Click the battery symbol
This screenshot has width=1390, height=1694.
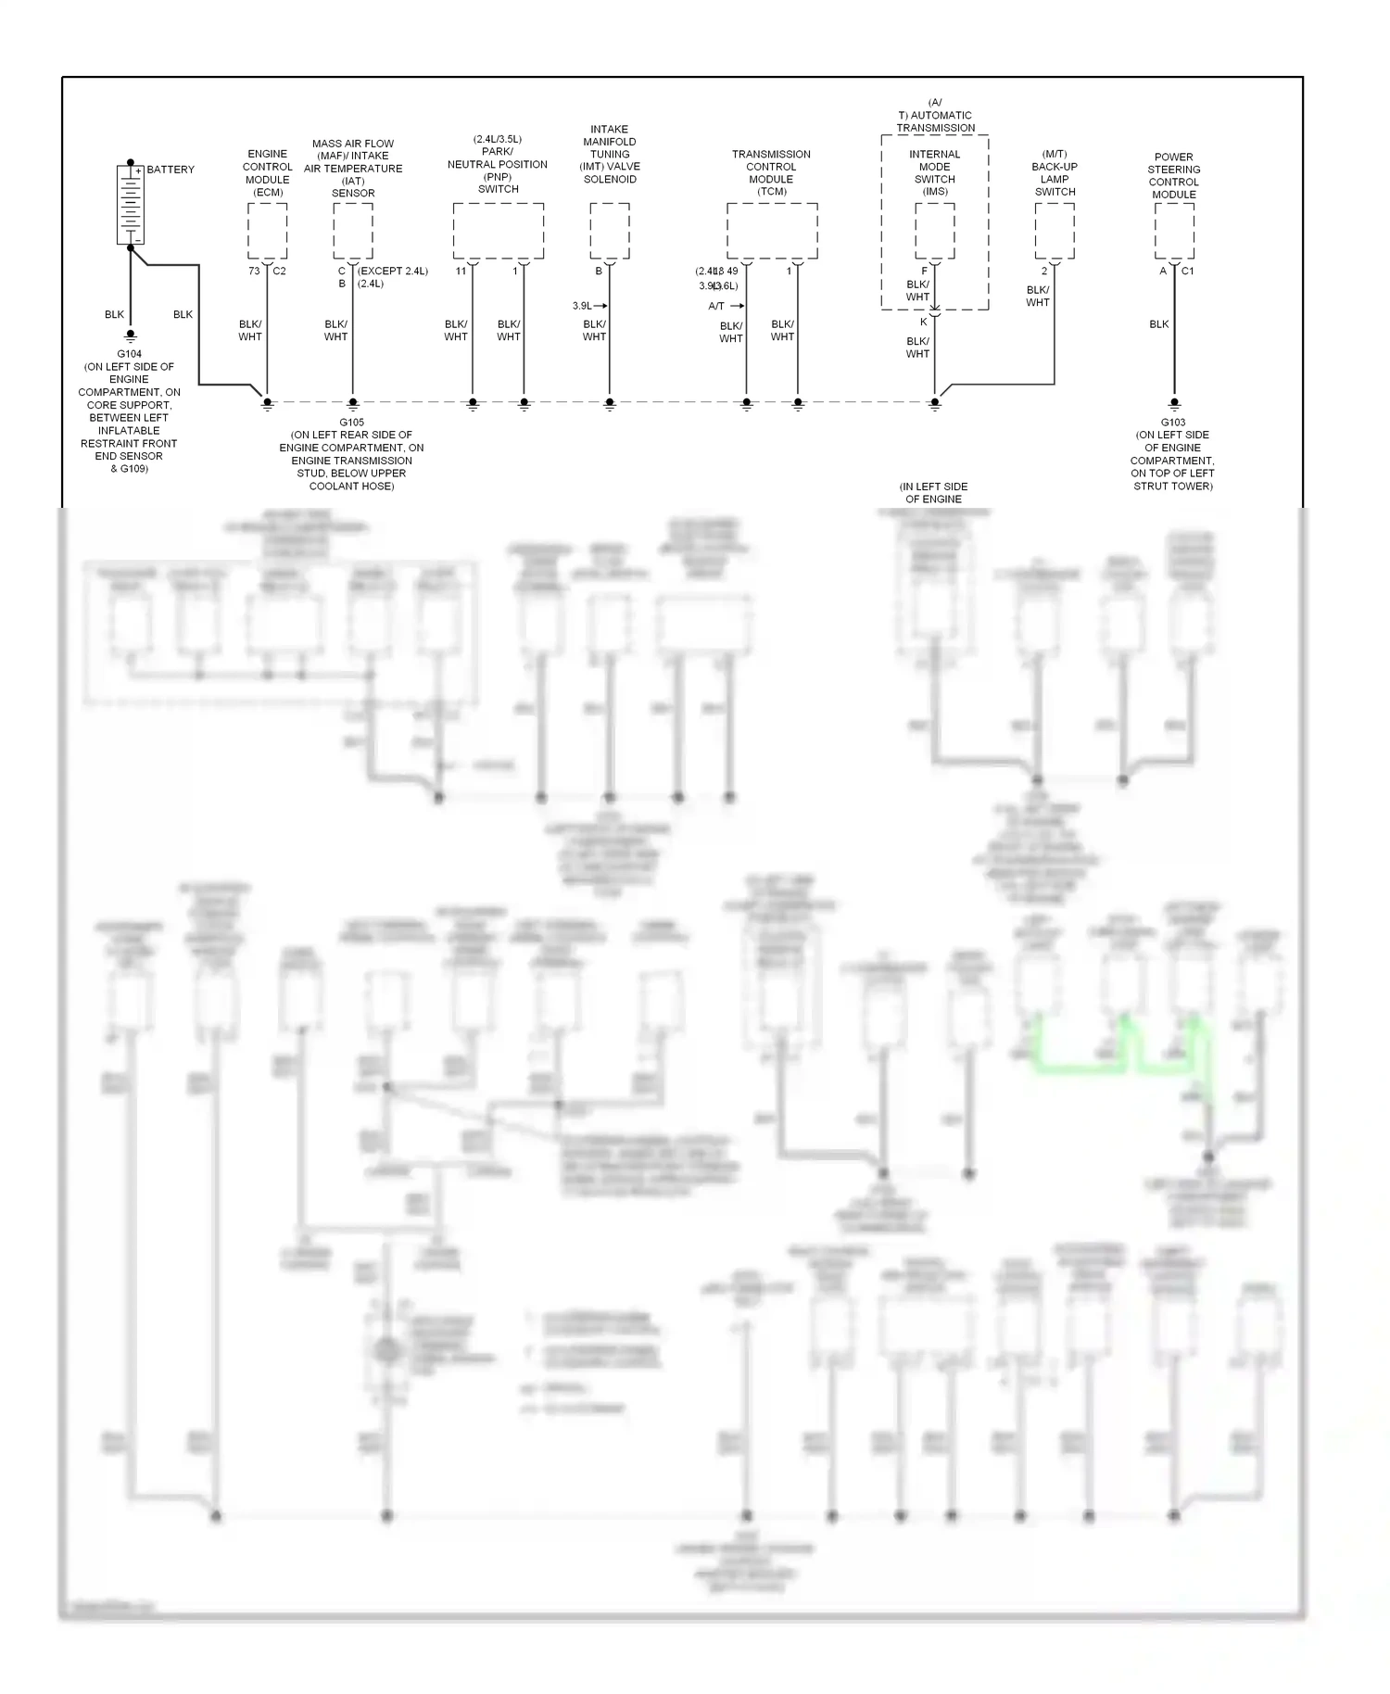[130, 205]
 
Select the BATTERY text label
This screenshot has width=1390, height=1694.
[171, 170]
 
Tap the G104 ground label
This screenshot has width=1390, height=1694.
[130, 354]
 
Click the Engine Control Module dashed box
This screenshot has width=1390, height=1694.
[267, 231]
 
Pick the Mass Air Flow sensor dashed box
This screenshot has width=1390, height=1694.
[353, 231]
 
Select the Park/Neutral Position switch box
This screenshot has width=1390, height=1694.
[498, 231]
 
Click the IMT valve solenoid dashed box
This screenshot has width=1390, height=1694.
[610, 231]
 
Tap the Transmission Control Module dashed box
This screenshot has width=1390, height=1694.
[772, 231]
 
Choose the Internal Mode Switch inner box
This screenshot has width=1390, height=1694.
[935, 231]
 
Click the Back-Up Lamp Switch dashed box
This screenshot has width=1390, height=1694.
[1055, 231]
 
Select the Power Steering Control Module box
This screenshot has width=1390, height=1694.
[1174, 231]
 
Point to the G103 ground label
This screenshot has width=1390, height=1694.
[1173, 423]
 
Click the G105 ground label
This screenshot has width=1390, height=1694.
[352, 423]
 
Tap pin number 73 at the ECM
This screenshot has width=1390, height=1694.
[254, 272]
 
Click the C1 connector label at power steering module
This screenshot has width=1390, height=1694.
[1188, 272]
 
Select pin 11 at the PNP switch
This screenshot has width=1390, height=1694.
[461, 272]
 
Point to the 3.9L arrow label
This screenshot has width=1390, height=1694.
[588, 306]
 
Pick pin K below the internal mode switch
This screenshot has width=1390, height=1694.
[924, 322]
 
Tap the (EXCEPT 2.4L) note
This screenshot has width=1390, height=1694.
[392, 272]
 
